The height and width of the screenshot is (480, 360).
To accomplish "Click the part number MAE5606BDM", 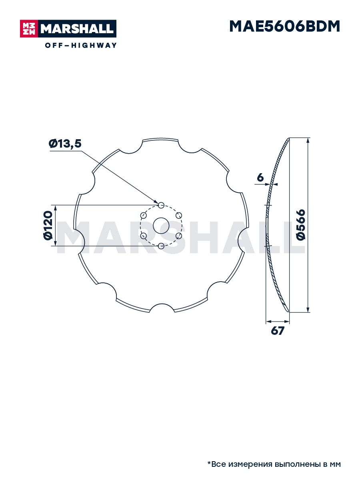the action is point(284,26).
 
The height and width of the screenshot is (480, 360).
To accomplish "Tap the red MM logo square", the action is point(29,29).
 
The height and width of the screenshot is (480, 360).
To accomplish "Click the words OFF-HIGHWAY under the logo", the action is point(81,45).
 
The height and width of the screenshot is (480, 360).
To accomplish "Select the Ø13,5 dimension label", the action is point(65,144).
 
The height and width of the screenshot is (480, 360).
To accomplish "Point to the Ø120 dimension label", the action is point(48,225).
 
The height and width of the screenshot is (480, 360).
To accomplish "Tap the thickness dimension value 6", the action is point(260,177).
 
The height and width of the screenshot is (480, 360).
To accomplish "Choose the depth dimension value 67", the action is point(277,331).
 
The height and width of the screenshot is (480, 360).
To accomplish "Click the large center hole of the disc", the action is point(161,226).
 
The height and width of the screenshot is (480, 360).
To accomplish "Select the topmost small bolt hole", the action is point(161,205).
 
